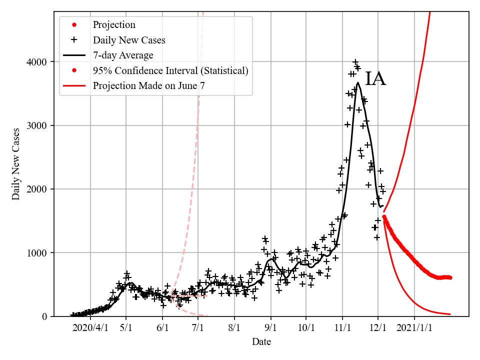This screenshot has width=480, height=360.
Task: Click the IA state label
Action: point(375,79)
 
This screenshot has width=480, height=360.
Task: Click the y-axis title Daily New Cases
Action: point(16,164)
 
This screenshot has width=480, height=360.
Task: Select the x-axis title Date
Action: point(261,342)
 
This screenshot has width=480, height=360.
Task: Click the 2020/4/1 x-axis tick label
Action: point(90,328)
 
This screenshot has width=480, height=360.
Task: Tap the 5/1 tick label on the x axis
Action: point(126,328)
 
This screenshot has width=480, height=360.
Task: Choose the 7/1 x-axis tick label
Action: point(198,328)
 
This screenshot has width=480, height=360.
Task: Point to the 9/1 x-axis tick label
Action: point(270,328)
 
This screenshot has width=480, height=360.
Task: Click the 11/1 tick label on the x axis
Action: point(342,328)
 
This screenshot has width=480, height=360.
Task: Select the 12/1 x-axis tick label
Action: point(378,328)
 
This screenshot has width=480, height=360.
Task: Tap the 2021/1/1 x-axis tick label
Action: point(414,328)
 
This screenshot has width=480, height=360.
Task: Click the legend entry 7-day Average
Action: point(123,55)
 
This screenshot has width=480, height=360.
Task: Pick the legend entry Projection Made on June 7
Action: point(148,86)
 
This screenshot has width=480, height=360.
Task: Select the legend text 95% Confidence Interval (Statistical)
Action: point(170,70)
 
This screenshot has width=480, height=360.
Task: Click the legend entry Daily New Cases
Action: point(129,40)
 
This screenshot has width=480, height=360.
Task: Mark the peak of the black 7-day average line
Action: point(358,82)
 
